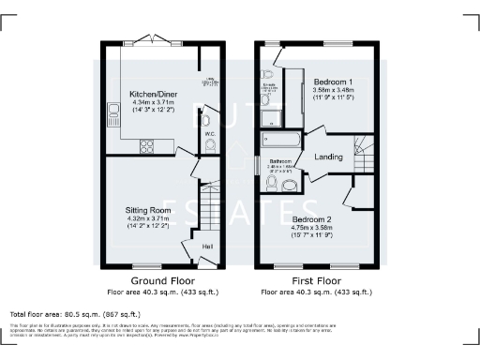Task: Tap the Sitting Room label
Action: (x=145, y=211)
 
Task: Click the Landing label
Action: (x=328, y=157)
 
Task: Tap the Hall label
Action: (x=206, y=247)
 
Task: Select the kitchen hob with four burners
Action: (x=148, y=145)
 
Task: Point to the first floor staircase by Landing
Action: (x=364, y=150)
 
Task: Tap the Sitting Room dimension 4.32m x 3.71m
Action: (x=145, y=219)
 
